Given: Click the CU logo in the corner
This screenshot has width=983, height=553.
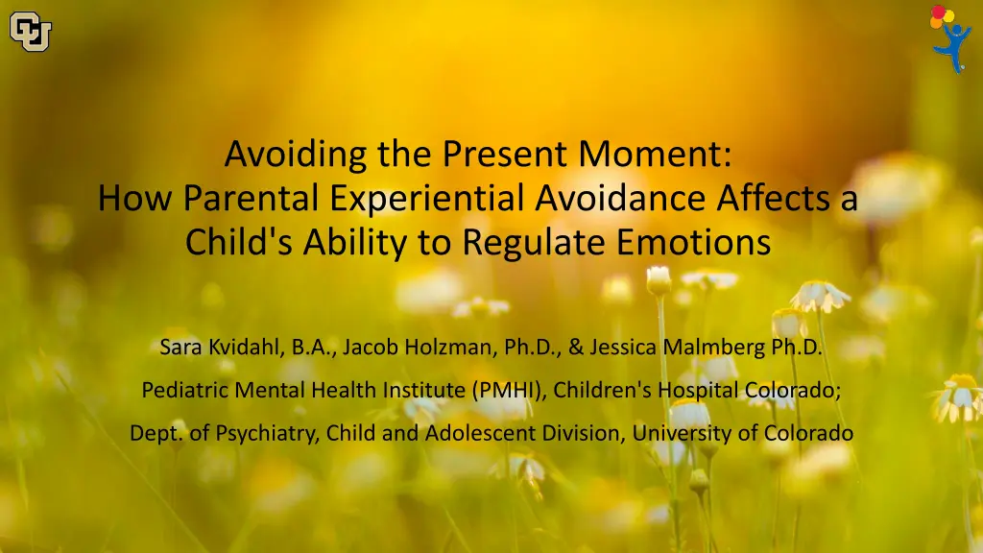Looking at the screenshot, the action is pos(30,32).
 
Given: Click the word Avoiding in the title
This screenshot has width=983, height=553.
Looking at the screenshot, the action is pos(296,155).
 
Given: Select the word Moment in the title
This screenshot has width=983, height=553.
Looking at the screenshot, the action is pos(655,154).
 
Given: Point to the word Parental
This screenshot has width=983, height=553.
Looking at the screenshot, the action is pos(251,198).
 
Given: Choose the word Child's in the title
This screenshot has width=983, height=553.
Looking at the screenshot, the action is pos(239,242).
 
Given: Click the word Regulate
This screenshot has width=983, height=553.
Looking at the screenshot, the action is pos(534,242).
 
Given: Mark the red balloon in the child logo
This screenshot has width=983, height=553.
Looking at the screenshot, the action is pos(938,12).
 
